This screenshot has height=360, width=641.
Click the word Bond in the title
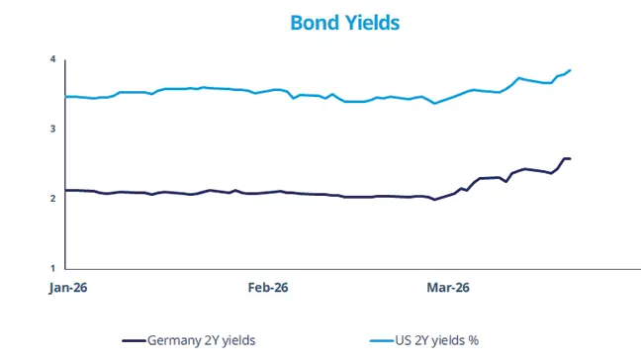tap(313, 22)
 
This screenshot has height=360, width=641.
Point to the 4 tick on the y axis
tap(52, 60)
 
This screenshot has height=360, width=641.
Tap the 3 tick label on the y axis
tap(52, 130)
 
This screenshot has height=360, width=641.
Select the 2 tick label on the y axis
tap(52, 199)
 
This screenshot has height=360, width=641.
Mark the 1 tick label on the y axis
tap(52, 268)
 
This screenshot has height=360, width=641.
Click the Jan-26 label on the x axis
tap(65, 288)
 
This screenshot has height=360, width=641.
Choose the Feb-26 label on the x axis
tap(267, 288)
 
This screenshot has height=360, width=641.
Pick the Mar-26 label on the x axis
tap(447, 288)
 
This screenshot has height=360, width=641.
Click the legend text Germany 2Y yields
tap(202, 340)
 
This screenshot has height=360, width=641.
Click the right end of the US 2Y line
tap(571, 70)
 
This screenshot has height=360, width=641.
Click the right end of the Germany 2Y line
tap(570, 158)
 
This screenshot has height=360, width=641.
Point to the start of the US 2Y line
tap(65, 96)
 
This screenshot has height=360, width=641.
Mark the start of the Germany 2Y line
tap(65, 190)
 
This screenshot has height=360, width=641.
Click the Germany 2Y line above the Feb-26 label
tap(267, 192)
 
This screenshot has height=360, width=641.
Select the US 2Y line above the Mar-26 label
tap(447, 99)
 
